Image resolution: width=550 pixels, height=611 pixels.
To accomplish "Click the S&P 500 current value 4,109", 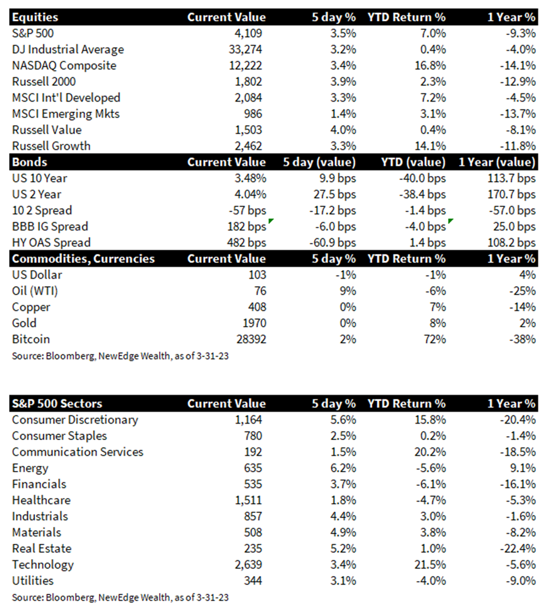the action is pyautogui.click(x=248, y=33).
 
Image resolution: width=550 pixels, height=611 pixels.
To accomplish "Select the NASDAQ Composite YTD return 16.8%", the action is pyautogui.click(x=430, y=65).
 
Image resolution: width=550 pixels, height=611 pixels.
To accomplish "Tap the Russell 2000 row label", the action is pyautogui.click(x=44, y=82).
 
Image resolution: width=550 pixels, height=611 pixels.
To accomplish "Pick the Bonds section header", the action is pyautogui.click(x=29, y=162).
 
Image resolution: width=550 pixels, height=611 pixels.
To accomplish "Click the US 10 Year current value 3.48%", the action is pyautogui.click(x=250, y=178).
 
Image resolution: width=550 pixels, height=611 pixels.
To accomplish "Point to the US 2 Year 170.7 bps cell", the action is pyautogui.click(x=512, y=195).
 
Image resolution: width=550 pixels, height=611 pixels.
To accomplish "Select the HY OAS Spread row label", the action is pyautogui.click(x=51, y=243).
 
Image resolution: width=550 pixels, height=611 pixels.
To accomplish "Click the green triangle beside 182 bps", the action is pyautogui.click(x=271, y=221).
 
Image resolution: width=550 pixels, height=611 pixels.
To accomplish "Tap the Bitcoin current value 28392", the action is pyautogui.click(x=251, y=340).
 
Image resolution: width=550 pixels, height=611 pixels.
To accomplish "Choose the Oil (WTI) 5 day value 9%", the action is pyautogui.click(x=348, y=291).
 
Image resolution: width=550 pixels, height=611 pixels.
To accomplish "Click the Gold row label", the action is pyautogui.click(x=24, y=323).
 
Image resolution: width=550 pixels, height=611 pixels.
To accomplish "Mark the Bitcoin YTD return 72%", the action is pyautogui.click(x=435, y=340).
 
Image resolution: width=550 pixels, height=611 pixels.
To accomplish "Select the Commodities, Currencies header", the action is pyautogui.click(x=83, y=259).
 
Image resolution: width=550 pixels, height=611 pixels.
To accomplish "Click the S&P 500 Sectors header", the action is pyautogui.click(x=58, y=404).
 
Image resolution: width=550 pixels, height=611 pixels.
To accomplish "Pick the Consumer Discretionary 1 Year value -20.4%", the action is pyautogui.click(x=518, y=420).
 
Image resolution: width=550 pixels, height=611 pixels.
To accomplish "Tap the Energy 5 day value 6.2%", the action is pyautogui.click(x=343, y=468).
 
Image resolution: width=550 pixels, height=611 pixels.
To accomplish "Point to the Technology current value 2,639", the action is pyautogui.click(x=248, y=565).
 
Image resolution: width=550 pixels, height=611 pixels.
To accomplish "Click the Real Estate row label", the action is pyautogui.click(x=42, y=548).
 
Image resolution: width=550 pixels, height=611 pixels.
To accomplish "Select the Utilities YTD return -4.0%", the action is pyautogui.click(x=431, y=581).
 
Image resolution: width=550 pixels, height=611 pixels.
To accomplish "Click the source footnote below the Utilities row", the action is pyautogui.click(x=120, y=598).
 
